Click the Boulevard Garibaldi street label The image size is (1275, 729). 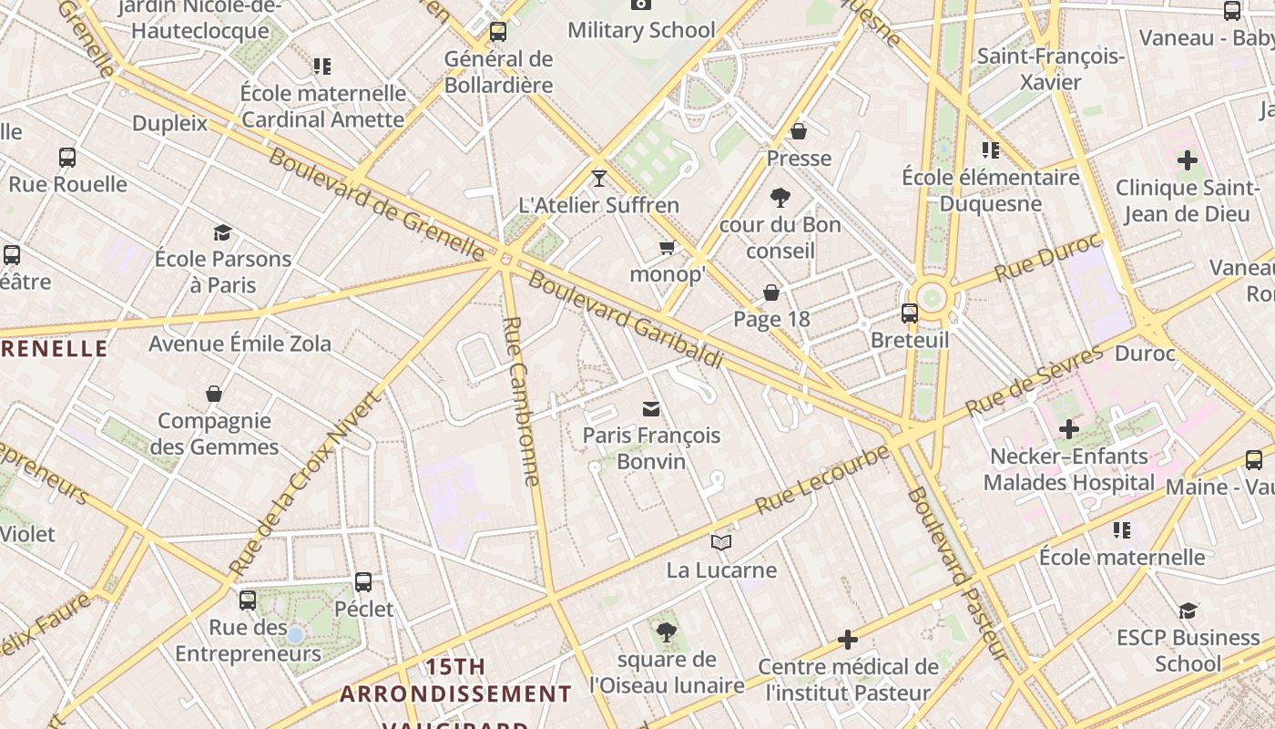(x=625, y=320)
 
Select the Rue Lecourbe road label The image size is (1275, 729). (x=821, y=477)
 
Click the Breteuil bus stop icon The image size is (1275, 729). (x=909, y=313)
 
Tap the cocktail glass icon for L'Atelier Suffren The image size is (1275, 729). (x=598, y=178)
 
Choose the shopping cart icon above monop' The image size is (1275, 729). (x=668, y=248)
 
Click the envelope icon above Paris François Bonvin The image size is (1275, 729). (x=651, y=408)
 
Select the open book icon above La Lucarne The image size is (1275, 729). (x=721, y=543)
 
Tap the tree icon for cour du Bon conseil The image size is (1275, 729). (x=780, y=197)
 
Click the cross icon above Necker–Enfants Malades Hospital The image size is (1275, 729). (x=1069, y=428)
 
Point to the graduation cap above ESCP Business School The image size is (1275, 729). (x=1188, y=611)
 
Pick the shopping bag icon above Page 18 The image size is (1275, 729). (x=771, y=293)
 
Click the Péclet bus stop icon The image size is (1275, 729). (x=363, y=581)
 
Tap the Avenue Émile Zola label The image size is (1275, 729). (x=240, y=344)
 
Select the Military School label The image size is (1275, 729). (x=641, y=30)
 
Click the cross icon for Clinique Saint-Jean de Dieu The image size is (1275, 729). (x=1187, y=160)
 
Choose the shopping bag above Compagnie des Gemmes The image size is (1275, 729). (x=214, y=394)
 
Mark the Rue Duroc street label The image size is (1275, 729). (x=1047, y=260)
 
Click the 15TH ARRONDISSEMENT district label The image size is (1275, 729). (x=455, y=681)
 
